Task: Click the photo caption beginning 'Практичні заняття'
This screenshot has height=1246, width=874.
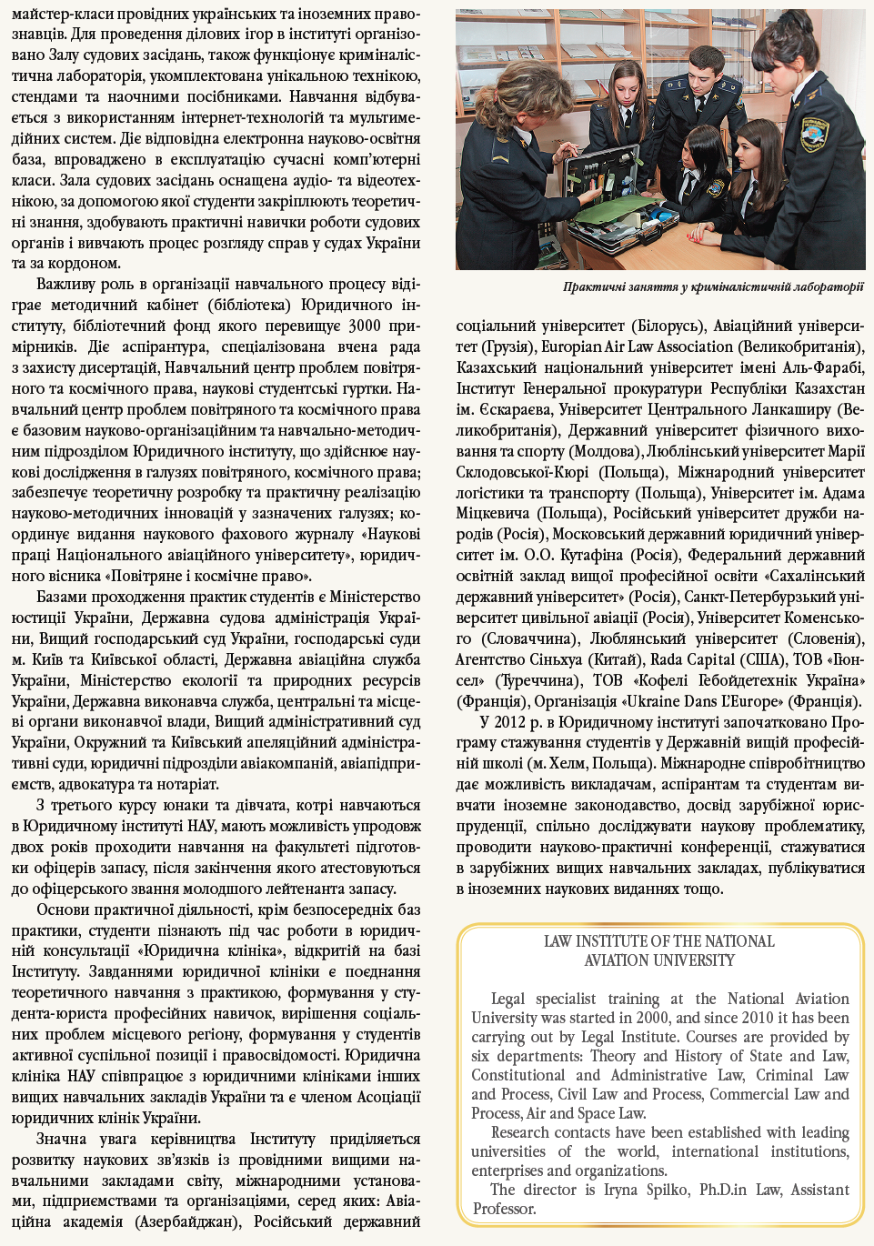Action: pos(713,287)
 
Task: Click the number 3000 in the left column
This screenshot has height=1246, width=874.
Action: pos(365,326)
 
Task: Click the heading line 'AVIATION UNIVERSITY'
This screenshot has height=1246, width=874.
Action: pos(659,960)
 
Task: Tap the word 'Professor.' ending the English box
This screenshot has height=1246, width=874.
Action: pos(505,1209)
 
